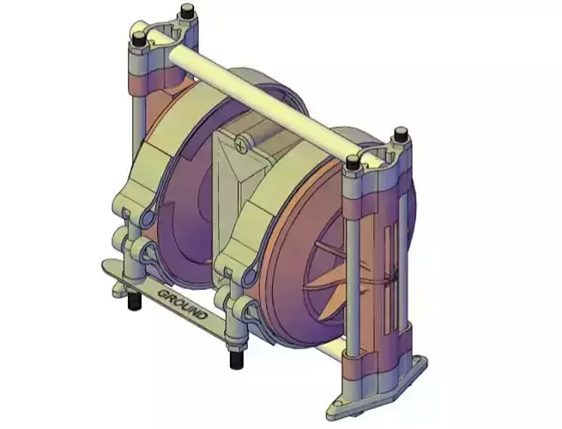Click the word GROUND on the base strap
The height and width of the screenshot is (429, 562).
(182, 304)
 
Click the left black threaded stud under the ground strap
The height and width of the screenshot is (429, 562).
(134, 301)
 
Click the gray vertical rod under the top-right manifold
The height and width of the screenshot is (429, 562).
(354, 257)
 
